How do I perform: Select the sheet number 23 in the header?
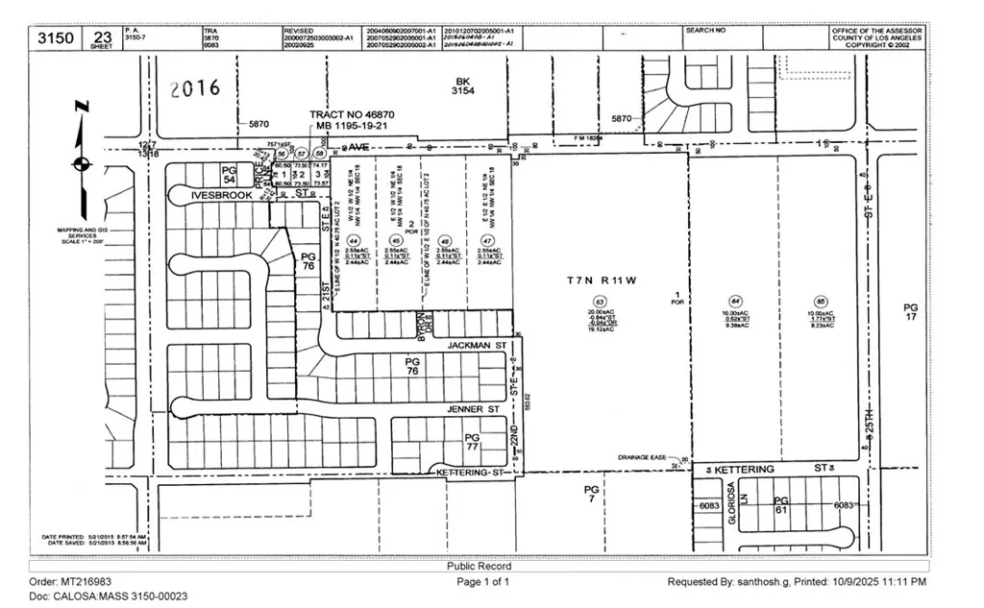click(103, 35)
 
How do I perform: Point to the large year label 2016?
click(194, 89)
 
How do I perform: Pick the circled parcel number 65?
click(821, 302)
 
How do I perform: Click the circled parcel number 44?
click(354, 240)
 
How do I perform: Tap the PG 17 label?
click(910, 313)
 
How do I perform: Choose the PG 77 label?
click(472, 442)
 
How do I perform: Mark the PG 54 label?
click(229, 174)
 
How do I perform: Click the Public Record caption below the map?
click(479, 567)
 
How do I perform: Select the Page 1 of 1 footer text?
click(483, 582)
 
